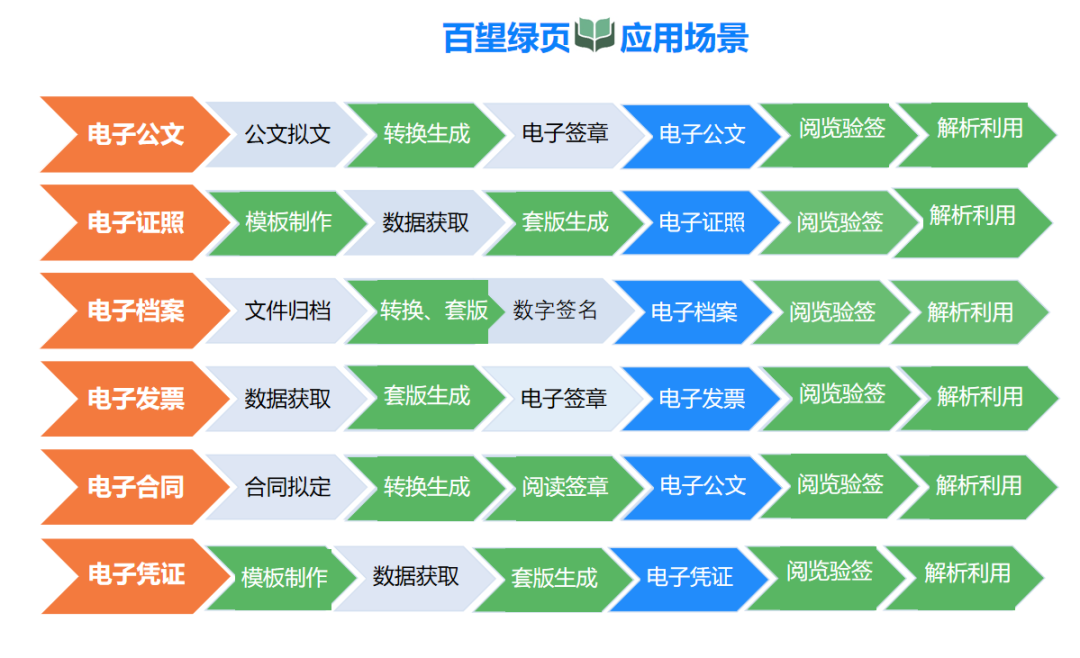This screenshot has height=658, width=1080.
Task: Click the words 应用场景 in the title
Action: pos(684,38)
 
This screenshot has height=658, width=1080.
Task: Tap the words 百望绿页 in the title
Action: pos(506,38)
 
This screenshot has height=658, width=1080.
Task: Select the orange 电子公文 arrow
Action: pos(135,134)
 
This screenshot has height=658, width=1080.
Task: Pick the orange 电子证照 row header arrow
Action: pos(135,223)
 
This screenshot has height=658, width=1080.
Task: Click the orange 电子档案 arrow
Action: pos(135,311)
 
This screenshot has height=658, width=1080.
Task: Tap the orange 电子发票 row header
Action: pos(135,399)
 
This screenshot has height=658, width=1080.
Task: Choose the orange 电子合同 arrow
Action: pos(135,487)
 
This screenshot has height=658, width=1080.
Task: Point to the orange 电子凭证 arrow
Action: pos(135,575)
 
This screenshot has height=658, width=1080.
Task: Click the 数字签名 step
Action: pos(555,310)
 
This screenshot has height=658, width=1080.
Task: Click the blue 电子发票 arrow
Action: pos(702,399)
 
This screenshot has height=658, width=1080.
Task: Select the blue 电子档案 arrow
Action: pos(694,312)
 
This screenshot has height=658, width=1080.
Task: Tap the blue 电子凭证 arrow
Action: pos(689,577)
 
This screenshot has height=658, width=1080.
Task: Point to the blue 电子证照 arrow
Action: pos(702,223)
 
